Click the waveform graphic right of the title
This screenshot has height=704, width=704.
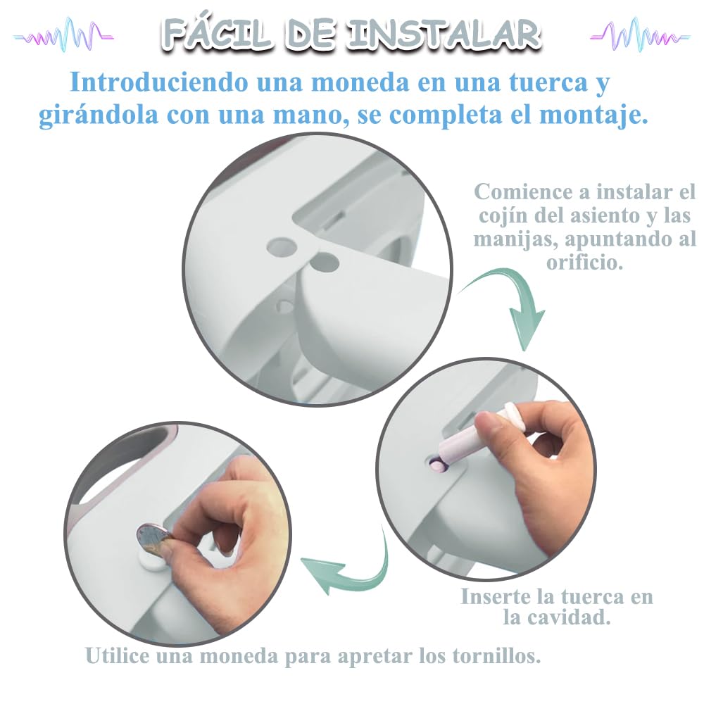[x=639, y=34]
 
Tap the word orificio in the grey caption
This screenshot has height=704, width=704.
[x=584, y=262]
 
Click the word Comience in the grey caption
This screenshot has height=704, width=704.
[x=524, y=192]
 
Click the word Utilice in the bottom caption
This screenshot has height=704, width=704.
[x=117, y=655]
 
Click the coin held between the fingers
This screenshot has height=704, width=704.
[x=153, y=541]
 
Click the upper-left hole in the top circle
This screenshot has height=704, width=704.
[x=282, y=246]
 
